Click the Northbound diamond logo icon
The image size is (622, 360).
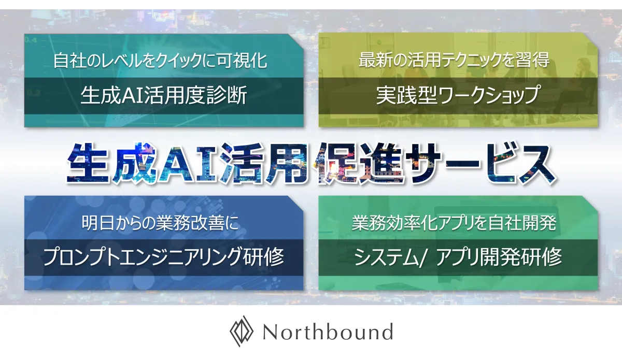(x=242, y=331)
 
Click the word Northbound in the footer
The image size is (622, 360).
(x=328, y=332)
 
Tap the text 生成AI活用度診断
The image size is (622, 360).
(x=164, y=95)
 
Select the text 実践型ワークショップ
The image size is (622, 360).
(x=458, y=95)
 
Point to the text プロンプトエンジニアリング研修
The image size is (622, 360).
(x=164, y=257)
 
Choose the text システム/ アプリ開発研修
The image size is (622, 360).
(x=458, y=257)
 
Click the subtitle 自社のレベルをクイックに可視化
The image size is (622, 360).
(x=160, y=61)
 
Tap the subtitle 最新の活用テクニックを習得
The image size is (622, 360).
(x=454, y=60)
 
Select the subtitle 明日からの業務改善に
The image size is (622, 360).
(x=160, y=223)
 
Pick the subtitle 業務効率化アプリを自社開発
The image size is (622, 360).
(x=454, y=223)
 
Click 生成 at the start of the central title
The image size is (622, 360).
(x=112, y=164)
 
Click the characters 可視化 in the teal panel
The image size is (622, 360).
(x=242, y=61)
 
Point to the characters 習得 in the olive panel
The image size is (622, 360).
(x=533, y=60)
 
